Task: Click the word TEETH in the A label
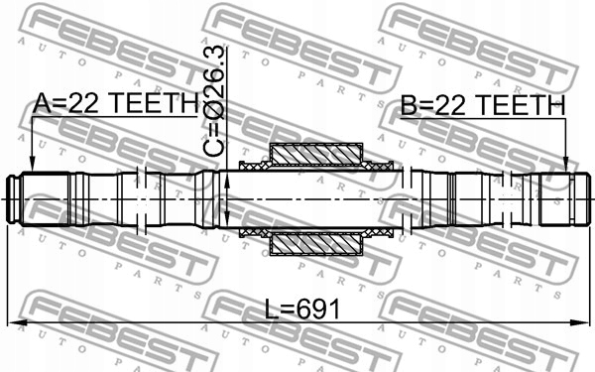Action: (158, 104)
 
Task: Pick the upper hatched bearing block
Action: (316, 155)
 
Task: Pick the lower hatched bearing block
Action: (316, 243)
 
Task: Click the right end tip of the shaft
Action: (584, 198)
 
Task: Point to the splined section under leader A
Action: (45, 198)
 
